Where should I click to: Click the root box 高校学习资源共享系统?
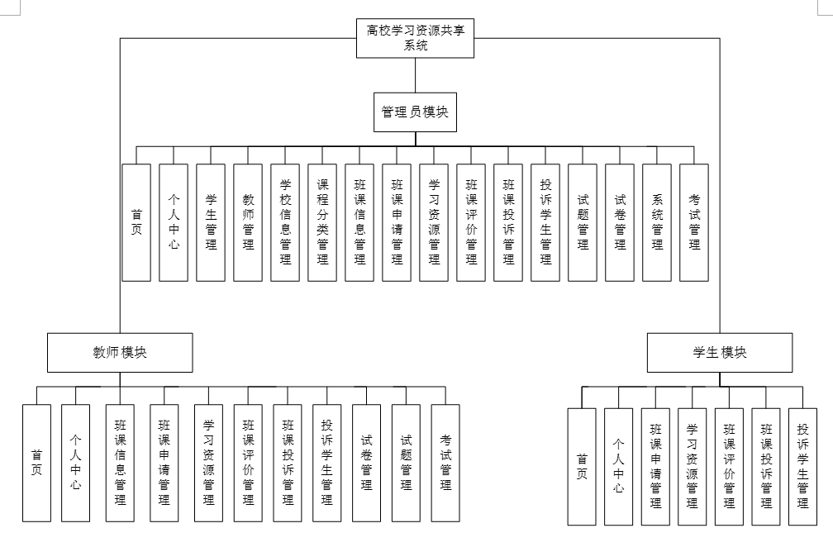click(416, 39)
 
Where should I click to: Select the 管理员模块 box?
click(415, 112)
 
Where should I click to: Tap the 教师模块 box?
click(120, 352)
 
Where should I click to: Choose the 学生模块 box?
click(719, 352)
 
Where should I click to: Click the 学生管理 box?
click(211, 222)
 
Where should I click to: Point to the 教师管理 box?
click(248, 222)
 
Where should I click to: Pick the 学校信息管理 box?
click(285, 222)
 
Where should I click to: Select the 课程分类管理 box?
click(322, 222)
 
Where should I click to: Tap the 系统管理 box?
click(657, 222)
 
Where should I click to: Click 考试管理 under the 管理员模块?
click(694, 222)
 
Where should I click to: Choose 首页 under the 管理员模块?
click(136, 222)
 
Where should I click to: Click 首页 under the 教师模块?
click(36, 463)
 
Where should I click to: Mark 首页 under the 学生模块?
click(582, 467)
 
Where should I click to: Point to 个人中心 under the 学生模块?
click(618, 467)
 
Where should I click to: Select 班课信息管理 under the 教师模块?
click(120, 463)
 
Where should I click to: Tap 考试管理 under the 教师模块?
click(445, 463)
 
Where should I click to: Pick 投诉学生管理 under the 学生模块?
click(802, 467)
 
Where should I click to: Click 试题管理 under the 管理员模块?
click(583, 222)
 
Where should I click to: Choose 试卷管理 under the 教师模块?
click(366, 463)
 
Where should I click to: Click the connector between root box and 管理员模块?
click(415, 77)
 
